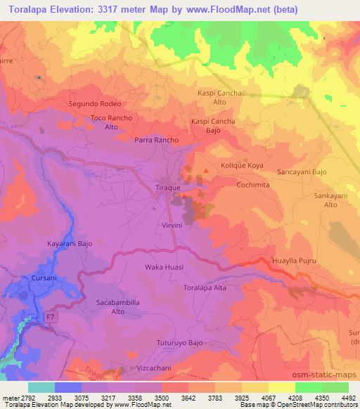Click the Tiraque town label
(x=167, y=188)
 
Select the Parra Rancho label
(x=157, y=140)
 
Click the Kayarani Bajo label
(x=70, y=243)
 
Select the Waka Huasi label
(x=164, y=267)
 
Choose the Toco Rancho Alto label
(x=111, y=122)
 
